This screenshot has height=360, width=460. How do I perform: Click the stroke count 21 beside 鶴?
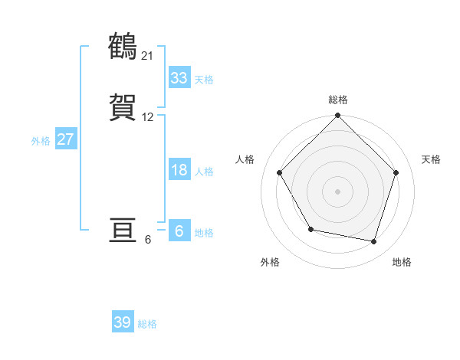point(148,55)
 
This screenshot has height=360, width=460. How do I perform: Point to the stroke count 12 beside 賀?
point(148,117)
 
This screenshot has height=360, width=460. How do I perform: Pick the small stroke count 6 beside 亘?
point(148,240)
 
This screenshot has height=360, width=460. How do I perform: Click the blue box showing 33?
point(179,78)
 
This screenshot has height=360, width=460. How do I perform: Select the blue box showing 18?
point(179,170)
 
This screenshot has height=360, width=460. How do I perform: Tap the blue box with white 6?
point(179,231)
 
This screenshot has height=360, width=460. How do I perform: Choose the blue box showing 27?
point(66,140)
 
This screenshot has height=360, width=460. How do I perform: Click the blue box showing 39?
point(123,323)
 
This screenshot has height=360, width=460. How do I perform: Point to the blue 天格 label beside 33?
point(204,80)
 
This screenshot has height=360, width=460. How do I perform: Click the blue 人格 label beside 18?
point(204,172)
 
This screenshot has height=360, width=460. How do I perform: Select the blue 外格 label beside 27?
point(41,141)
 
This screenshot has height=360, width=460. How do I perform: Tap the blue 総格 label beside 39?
point(147,324)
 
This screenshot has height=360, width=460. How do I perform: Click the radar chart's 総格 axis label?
point(337,100)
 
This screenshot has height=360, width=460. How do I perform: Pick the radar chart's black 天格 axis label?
point(431,159)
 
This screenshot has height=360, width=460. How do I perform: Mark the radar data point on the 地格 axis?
point(374,241)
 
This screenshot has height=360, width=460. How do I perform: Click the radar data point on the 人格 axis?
point(279,172)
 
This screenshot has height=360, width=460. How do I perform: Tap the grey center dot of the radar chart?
point(337,191)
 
